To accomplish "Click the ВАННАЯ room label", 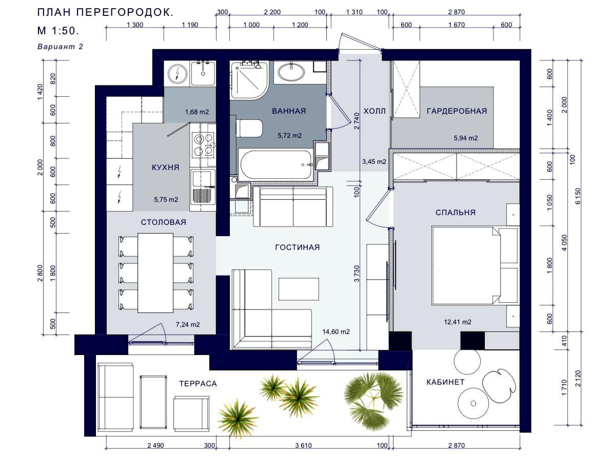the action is [x=289, y=111].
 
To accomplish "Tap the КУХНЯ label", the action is [x=166, y=168].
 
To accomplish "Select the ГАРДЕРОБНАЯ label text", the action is [x=457, y=111].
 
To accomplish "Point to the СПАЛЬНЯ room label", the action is [x=456, y=213].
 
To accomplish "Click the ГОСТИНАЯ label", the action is [x=298, y=247].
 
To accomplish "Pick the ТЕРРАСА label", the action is [x=198, y=384].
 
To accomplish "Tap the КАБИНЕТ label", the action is [x=445, y=382].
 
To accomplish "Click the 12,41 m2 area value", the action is [x=458, y=322].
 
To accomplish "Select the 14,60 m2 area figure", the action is [x=336, y=332].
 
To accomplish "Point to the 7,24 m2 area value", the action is [x=188, y=324].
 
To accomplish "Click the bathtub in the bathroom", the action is [x=277, y=164].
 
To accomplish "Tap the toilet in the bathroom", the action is [x=249, y=128].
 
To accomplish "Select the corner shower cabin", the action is [x=249, y=80].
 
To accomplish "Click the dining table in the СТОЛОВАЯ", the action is [x=155, y=273].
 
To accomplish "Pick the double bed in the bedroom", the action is [x=466, y=265].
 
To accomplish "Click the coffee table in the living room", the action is [x=299, y=289].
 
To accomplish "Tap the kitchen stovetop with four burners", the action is [x=203, y=145].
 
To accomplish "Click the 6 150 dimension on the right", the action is [x=578, y=196].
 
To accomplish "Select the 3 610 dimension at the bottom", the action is [x=303, y=446].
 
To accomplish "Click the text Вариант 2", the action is [x=61, y=47].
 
